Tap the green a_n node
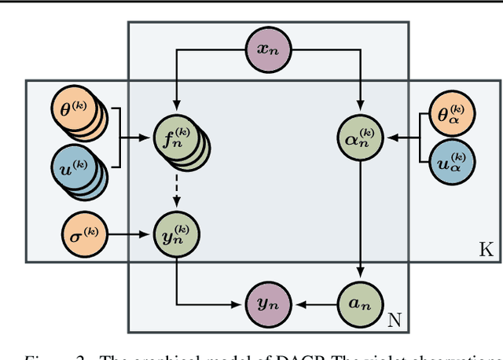pyautogui.click(x=360, y=302)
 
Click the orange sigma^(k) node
pyautogui.click(x=83, y=233)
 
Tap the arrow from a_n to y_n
pyautogui.click(x=314, y=302)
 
